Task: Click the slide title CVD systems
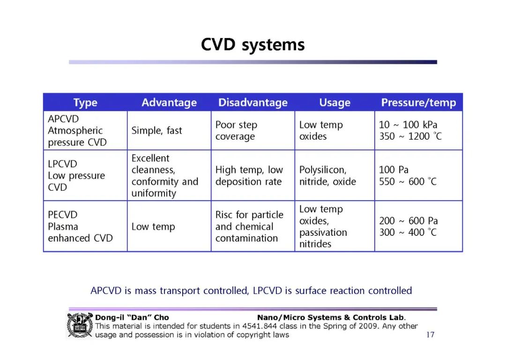click(x=253, y=45)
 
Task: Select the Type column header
click(x=85, y=103)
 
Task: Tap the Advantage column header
click(x=169, y=103)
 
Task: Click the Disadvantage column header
click(x=253, y=103)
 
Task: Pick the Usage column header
click(x=335, y=103)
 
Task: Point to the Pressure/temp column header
click(x=418, y=103)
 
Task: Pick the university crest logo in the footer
click(x=80, y=325)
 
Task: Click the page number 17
click(x=430, y=335)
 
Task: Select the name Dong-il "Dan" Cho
click(x=132, y=317)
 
